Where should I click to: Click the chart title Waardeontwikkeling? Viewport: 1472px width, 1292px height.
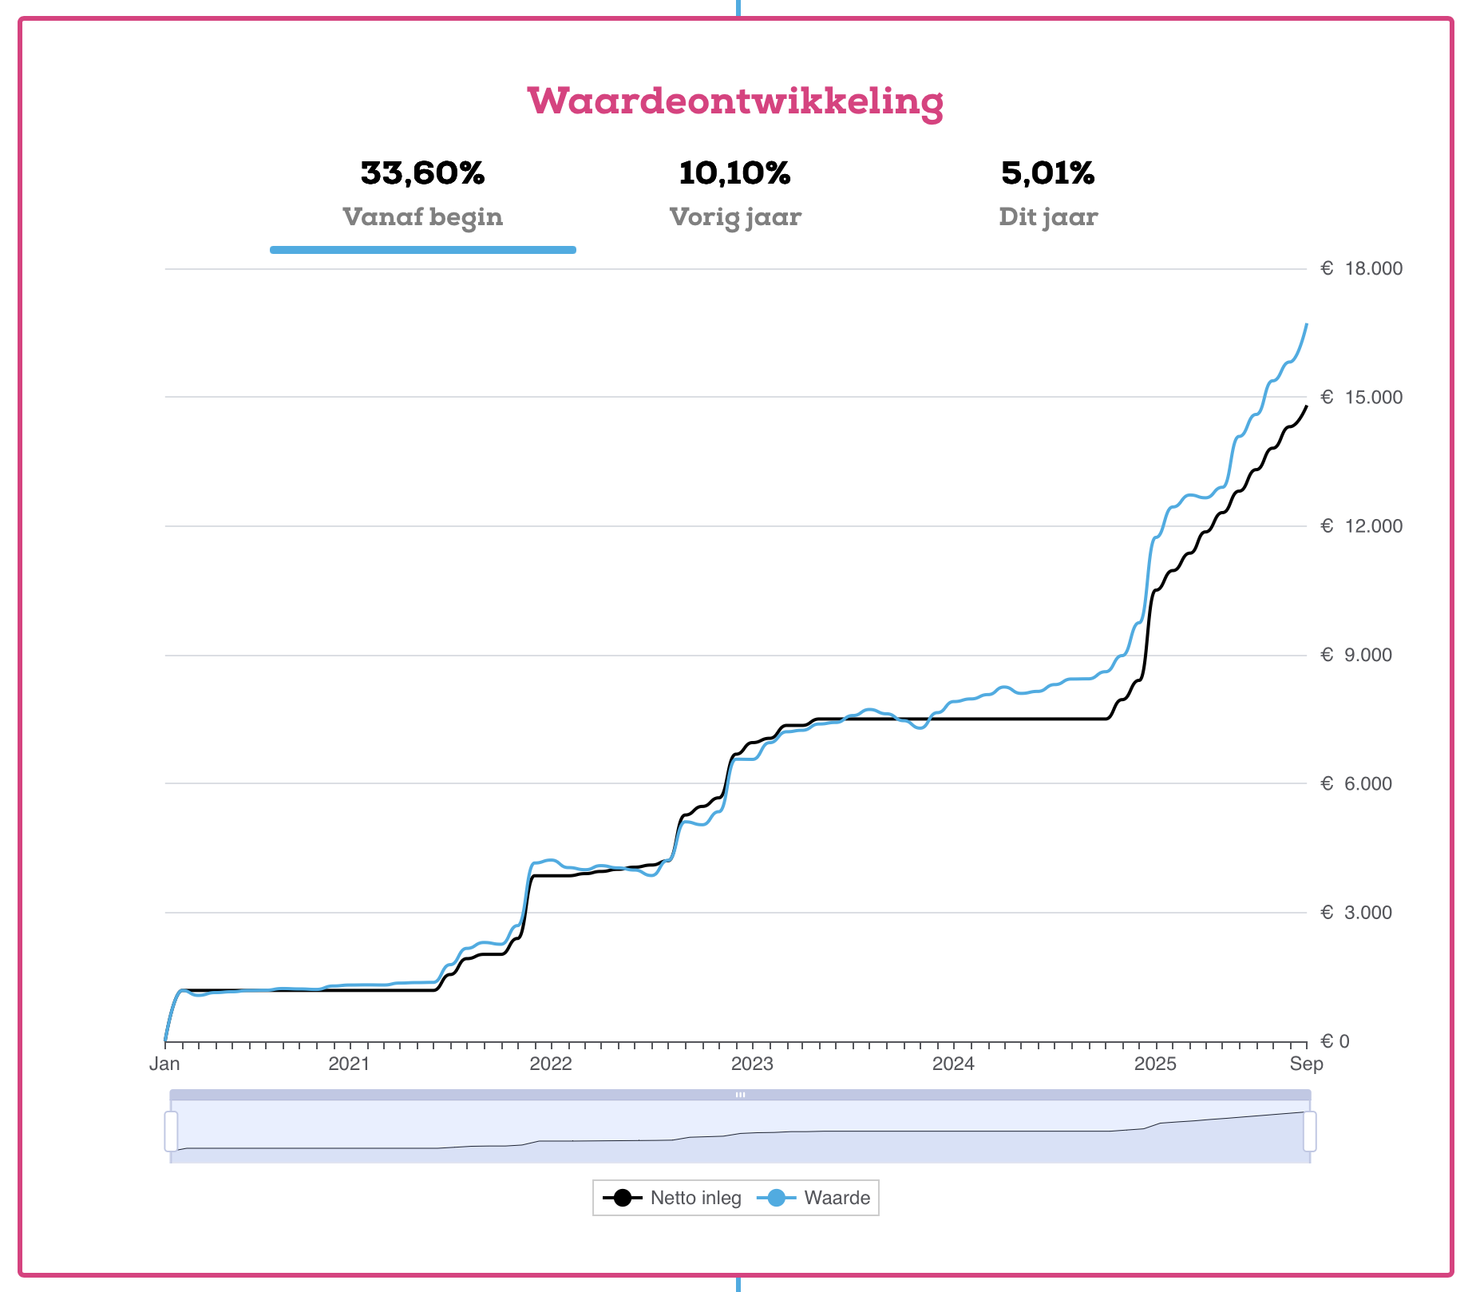(x=735, y=101)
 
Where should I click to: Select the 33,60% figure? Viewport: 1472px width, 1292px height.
(x=422, y=173)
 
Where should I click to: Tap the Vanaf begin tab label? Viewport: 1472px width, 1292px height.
(x=422, y=217)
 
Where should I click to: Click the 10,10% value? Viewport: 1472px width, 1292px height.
(x=734, y=173)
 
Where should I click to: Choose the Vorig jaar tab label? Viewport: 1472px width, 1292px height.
(x=734, y=217)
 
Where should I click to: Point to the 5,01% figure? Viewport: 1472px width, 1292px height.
(x=1047, y=173)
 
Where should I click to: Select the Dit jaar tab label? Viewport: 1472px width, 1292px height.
(x=1047, y=217)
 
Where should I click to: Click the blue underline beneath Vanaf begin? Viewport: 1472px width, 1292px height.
(x=422, y=250)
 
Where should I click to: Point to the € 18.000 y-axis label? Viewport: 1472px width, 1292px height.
(x=1361, y=268)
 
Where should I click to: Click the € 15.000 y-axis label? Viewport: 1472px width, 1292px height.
(x=1361, y=398)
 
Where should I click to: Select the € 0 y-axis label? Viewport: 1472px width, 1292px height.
(x=1335, y=1041)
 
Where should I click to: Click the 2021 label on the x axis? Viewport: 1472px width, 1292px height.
(x=349, y=1064)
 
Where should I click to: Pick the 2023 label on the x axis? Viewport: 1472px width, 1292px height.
(x=752, y=1064)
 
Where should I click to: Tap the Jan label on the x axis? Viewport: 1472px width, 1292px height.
(x=164, y=1064)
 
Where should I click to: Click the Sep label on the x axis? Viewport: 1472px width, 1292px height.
(x=1306, y=1064)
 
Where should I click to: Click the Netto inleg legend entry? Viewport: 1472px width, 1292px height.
(x=672, y=1198)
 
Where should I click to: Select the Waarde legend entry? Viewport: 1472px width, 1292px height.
(x=819, y=1198)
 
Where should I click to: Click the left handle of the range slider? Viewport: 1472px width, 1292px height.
(x=171, y=1131)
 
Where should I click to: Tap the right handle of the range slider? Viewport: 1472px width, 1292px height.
(x=1309, y=1131)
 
